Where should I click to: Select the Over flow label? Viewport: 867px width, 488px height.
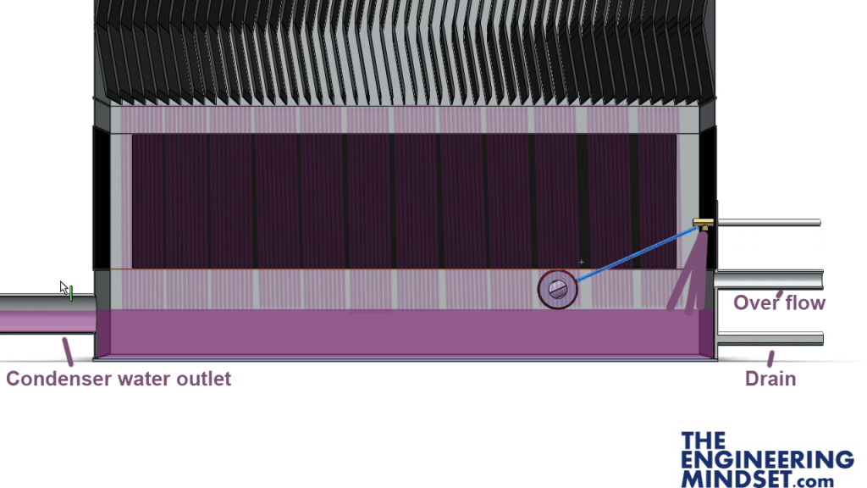779,303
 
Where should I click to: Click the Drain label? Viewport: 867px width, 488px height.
770,379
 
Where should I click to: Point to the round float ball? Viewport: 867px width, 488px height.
557,289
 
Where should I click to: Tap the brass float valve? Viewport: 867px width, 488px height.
703,224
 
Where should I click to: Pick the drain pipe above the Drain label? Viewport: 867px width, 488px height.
770,338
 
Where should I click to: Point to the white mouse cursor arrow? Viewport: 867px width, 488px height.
64,288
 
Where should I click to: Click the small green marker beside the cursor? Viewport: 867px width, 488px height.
72,294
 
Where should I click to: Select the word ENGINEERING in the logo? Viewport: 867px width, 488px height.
767,460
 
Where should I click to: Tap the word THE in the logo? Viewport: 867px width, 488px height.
704,441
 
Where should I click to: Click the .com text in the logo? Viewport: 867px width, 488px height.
815,481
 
